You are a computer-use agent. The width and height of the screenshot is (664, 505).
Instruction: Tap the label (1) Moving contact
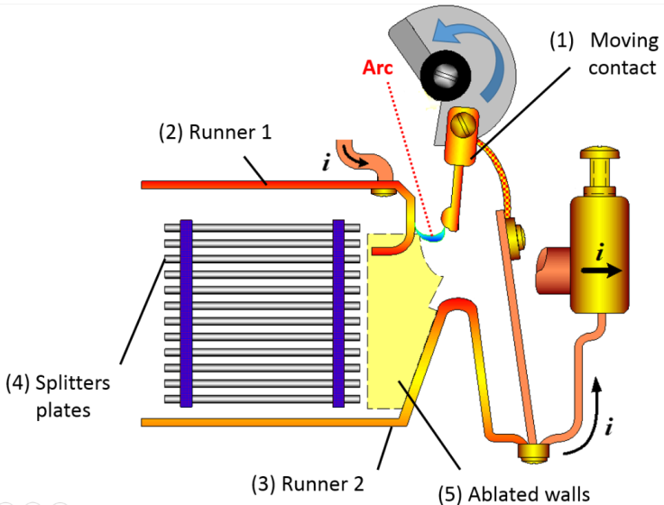[606, 54]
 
